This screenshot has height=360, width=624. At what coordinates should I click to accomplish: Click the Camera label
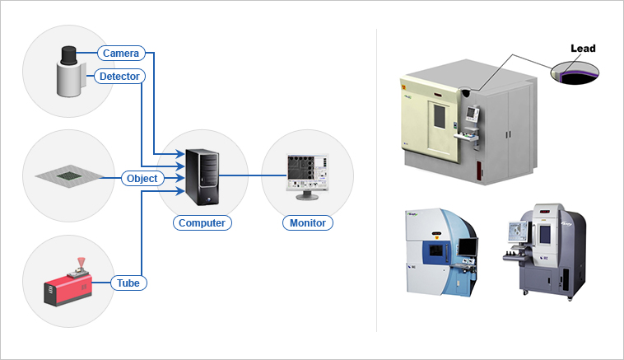pyautogui.click(x=121, y=54)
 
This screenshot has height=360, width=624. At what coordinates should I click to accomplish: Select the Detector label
pyautogui.click(x=121, y=77)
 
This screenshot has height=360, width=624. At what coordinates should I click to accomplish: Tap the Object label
pyautogui.click(x=142, y=178)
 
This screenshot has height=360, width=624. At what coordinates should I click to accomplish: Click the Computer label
pyautogui.click(x=202, y=222)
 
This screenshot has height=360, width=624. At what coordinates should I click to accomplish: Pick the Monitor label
pyautogui.click(x=308, y=222)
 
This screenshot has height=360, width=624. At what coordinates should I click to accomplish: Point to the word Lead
pyautogui.click(x=582, y=49)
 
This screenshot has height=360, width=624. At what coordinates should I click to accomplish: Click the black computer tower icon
pyautogui.click(x=203, y=176)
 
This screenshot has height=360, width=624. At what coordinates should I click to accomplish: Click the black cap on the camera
pyautogui.click(x=69, y=53)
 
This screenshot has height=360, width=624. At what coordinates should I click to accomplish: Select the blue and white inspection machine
pyautogui.click(x=438, y=251)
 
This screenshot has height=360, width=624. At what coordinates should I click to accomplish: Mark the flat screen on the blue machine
pyautogui.click(x=466, y=246)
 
